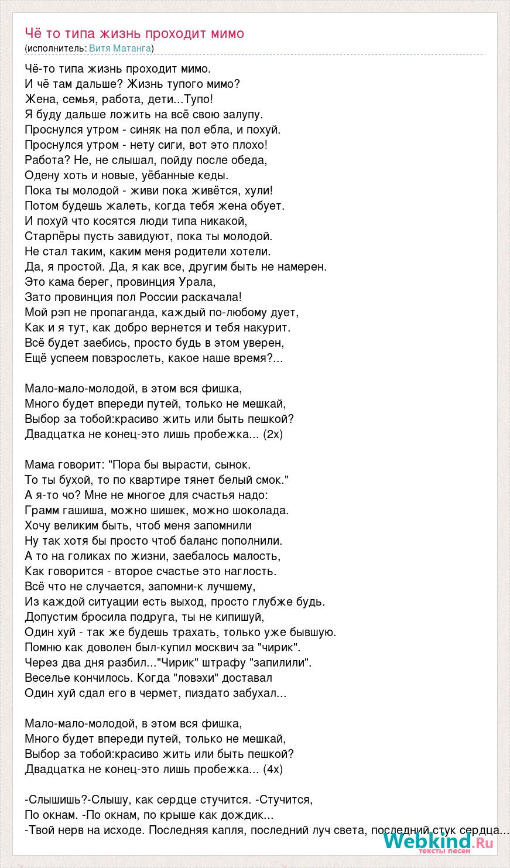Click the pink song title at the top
(x=134, y=33)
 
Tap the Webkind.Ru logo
(x=439, y=843)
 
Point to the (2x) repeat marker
(x=273, y=434)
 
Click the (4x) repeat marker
(x=273, y=769)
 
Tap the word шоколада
(x=259, y=510)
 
